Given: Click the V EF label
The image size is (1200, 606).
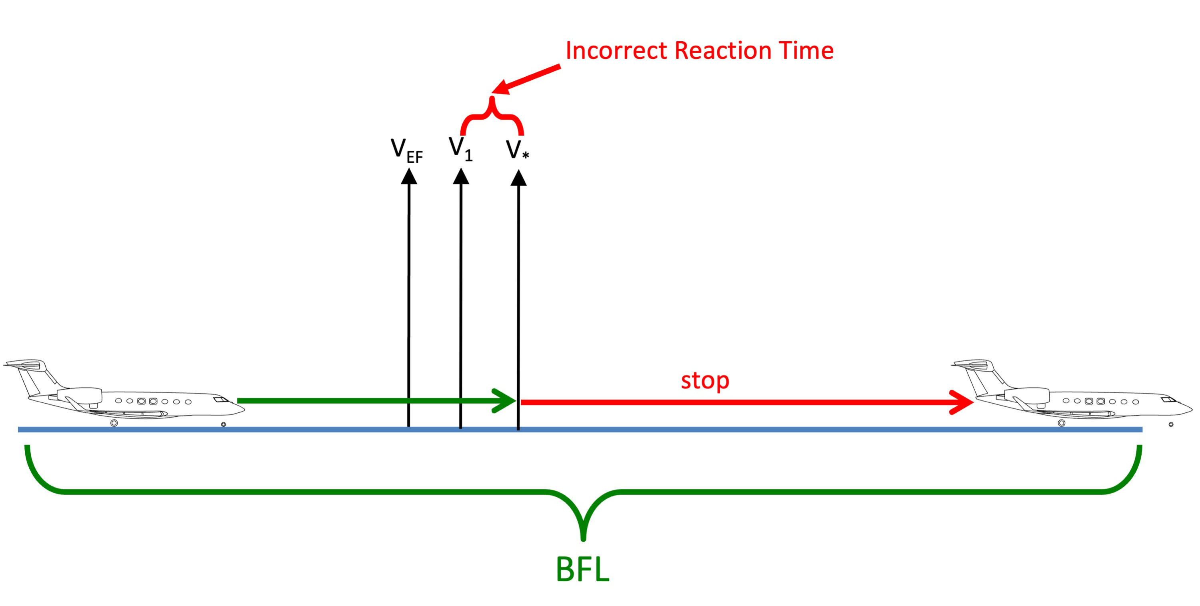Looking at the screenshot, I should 406,151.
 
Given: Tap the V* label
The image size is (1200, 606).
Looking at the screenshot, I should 517,150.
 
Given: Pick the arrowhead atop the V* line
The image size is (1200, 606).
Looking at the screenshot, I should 518,178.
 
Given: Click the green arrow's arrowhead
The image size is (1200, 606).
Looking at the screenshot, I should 506,400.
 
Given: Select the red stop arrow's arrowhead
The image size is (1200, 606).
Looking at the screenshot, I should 962,402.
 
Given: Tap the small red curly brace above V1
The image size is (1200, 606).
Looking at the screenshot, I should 492,116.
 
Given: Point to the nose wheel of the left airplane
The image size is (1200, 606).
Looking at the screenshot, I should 224,424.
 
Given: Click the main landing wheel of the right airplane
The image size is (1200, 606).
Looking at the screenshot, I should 1062,423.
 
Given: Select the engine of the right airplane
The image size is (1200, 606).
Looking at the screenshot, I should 1027,396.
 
